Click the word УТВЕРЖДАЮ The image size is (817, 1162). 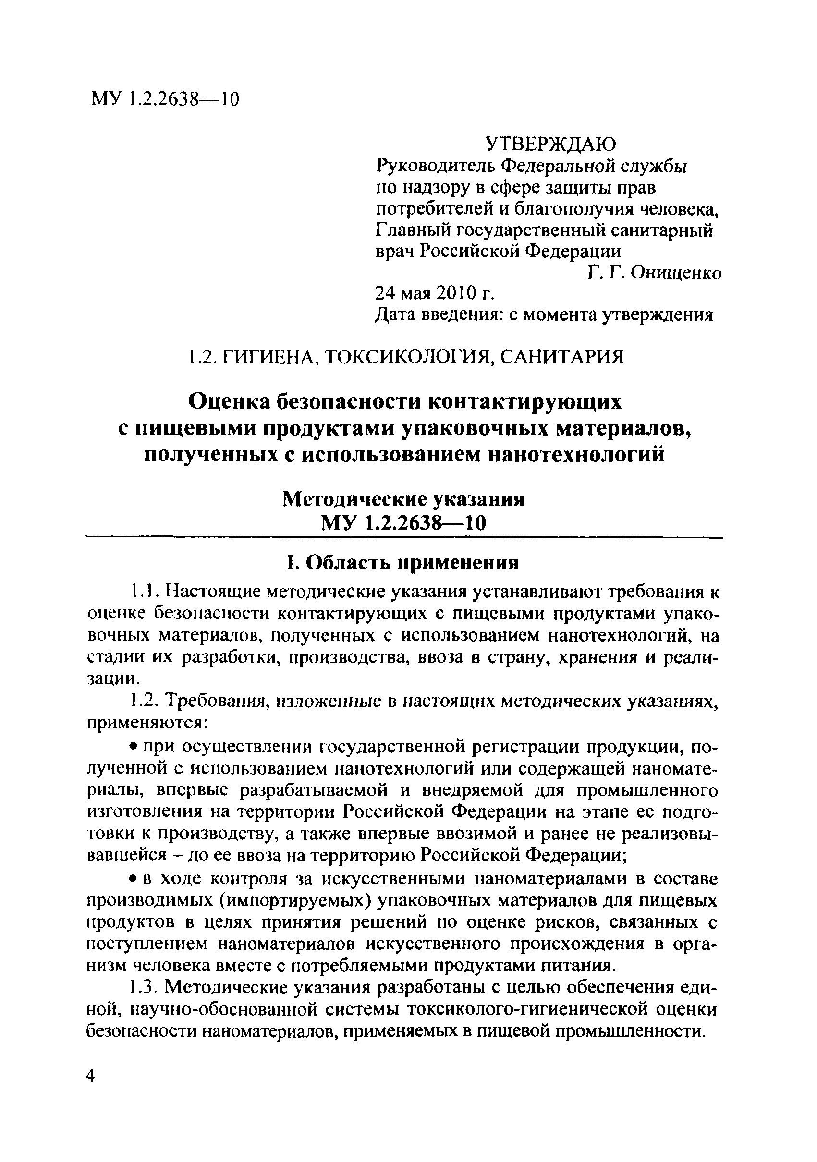(551, 145)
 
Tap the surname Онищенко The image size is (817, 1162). (674, 273)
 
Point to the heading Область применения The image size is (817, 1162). (414, 562)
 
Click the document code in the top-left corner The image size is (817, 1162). (165, 99)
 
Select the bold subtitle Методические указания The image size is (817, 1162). (403, 499)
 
